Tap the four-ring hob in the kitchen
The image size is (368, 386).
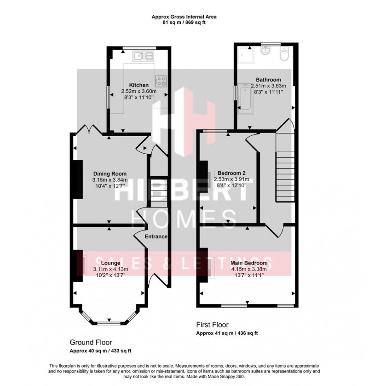tap(161, 81)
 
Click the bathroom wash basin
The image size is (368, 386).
tap(266, 51)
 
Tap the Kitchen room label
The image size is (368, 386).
tap(138, 85)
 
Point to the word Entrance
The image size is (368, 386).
tap(156, 236)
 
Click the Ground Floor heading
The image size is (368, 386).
tap(91, 343)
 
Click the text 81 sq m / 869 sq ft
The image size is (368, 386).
tap(184, 22)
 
